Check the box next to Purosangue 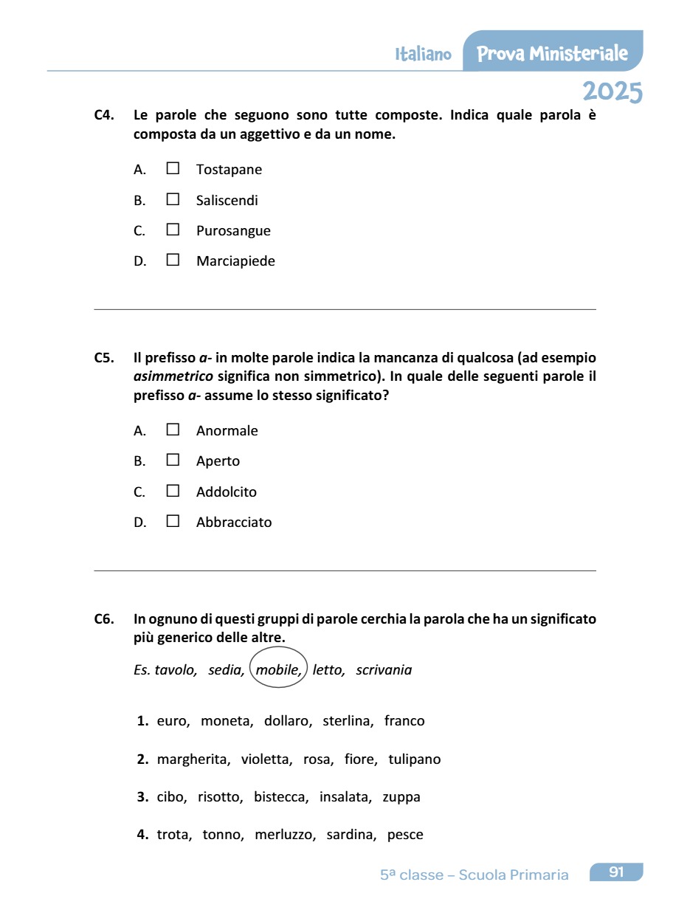[x=173, y=230]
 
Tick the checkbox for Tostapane [x=173, y=168]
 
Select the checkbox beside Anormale [x=173, y=430]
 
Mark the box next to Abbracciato [x=173, y=521]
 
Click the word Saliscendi [x=227, y=200]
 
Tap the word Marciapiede [x=235, y=261]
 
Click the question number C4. [x=104, y=115]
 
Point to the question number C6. [x=104, y=618]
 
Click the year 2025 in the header [x=612, y=92]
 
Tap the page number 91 [x=616, y=872]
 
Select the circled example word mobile [x=278, y=670]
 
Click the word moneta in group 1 [x=227, y=721]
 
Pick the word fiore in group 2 [x=360, y=759]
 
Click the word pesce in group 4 [x=405, y=835]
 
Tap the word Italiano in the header [x=423, y=55]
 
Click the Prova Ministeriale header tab [x=553, y=53]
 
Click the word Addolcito [x=227, y=492]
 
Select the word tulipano [x=414, y=759]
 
